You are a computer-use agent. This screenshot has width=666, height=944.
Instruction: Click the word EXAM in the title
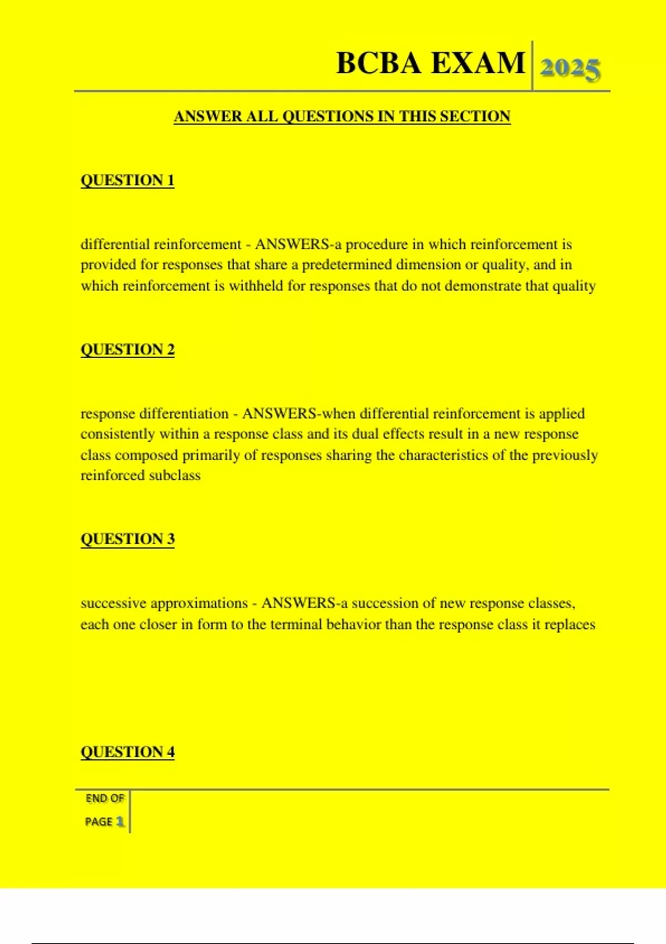click(x=478, y=63)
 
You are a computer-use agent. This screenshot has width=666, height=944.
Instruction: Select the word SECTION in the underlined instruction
click(x=475, y=117)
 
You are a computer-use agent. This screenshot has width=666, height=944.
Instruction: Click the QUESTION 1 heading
click(x=128, y=180)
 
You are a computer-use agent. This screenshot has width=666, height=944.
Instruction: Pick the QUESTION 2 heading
click(x=128, y=350)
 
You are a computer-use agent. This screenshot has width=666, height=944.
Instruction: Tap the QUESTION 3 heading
click(x=128, y=539)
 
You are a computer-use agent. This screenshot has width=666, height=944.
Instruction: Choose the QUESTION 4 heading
click(x=128, y=752)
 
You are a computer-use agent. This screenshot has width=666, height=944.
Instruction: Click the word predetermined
click(x=347, y=265)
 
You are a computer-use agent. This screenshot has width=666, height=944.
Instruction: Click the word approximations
click(x=199, y=604)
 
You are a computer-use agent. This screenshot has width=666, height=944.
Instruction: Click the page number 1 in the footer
click(x=120, y=822)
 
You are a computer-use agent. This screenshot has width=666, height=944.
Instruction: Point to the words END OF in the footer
click(x=105, y=799)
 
